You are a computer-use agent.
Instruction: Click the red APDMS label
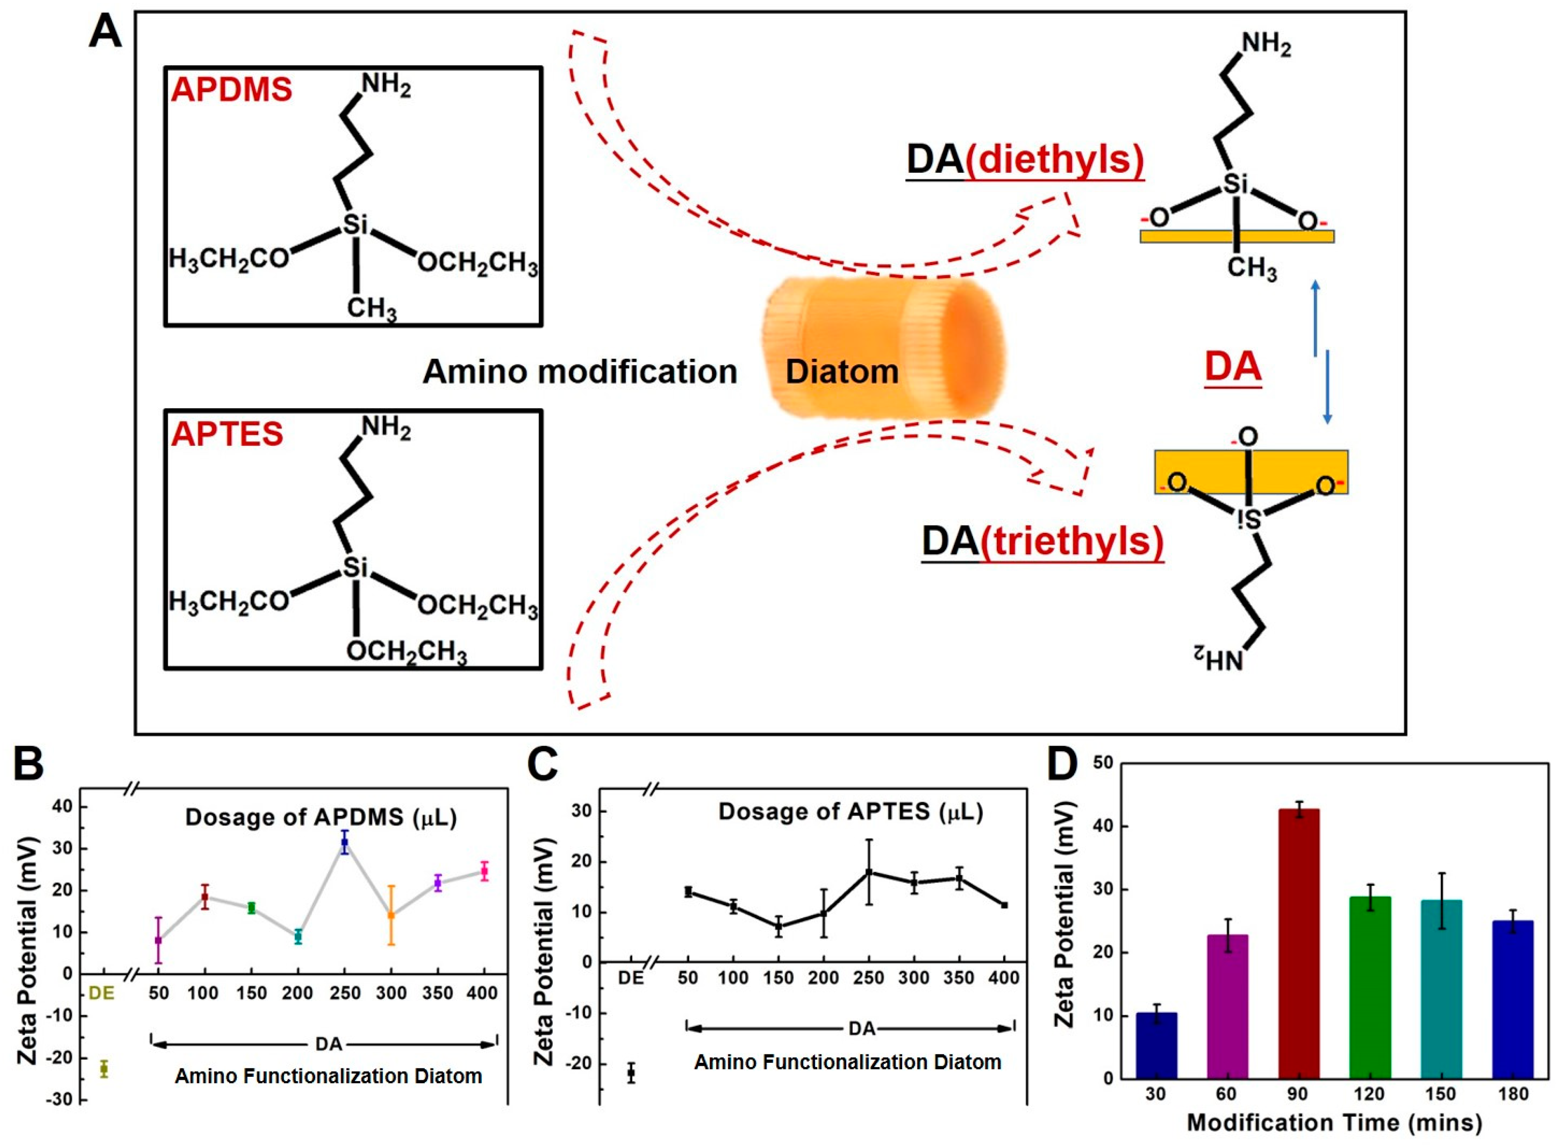click(231, 90)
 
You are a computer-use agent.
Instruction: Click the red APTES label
click(228, 434)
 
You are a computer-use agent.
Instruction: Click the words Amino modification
click(579, 372)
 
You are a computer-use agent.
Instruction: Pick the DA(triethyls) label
click(1042, 541)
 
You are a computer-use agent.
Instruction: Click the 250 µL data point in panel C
click(869, 872)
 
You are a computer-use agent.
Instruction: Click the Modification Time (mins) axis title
click(1334, 1123)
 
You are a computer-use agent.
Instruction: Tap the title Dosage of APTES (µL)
click(850, 812)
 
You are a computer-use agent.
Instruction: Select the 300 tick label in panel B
click(391, 993)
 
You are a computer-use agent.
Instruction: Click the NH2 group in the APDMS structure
click(386, 86)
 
